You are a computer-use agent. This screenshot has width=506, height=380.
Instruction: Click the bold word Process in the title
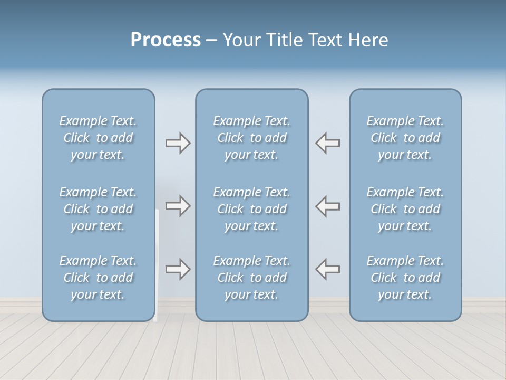coord(166,40)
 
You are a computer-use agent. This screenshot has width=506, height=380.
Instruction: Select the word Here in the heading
coord(368,40)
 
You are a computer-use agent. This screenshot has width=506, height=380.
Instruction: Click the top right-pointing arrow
coord(178,142)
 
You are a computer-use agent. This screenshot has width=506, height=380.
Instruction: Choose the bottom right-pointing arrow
coord(178,269)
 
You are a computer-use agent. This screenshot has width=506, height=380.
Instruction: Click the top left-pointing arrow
coord(328,142)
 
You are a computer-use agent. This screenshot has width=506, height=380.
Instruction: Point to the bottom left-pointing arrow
coord(328,269)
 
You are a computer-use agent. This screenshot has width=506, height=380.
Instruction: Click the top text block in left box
coord(98,138)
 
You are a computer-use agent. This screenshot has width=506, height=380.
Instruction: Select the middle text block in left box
coord(98,209)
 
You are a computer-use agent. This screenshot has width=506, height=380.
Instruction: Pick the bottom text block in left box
coord(98,278)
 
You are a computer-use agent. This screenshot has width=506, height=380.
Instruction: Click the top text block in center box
coord(252,138)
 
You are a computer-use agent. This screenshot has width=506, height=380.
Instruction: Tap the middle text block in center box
coord(252,209)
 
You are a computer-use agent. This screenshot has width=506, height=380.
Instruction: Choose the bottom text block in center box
coord(252,278)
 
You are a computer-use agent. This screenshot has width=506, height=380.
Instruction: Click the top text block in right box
coord(405,138)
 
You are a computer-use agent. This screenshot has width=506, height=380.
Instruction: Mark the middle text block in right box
coord(405,209)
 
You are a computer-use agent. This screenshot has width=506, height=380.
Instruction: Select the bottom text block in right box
coord(405,278)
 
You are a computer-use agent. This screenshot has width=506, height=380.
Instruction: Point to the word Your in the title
coord(241,40)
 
